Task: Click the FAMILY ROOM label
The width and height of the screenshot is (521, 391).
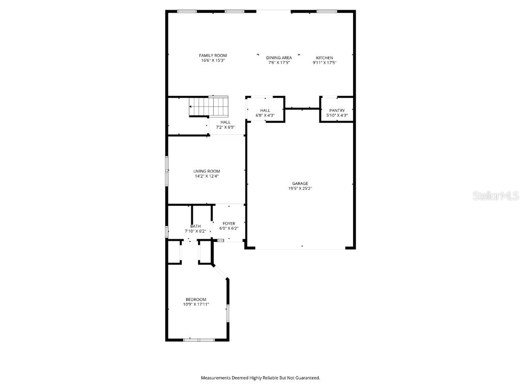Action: (x=213, y=55)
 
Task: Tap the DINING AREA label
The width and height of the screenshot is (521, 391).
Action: (x=279, y=58)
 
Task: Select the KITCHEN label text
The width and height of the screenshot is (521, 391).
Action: (x=325, y=58)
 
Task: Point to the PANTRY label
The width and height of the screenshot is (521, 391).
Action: (x=337, y=110)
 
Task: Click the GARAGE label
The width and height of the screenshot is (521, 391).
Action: (x=300, y=183)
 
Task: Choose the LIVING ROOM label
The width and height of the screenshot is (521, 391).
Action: (x=207, y=171)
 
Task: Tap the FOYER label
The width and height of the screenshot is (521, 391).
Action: (x=229, y=224)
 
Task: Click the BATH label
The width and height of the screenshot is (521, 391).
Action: (x=195, y=226)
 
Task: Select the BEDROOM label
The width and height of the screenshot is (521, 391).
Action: (x=196, y=299)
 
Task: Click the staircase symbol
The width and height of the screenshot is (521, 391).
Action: (x=209, y=107)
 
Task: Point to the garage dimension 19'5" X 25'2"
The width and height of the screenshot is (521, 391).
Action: (x=300, y=188)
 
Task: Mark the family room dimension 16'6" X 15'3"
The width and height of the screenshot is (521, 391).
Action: (x=213, y=60)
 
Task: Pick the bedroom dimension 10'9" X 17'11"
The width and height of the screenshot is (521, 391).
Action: (x=196, y=304)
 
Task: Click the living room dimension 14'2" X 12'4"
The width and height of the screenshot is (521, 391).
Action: (x=207, y=176)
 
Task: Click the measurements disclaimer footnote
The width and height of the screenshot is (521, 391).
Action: (x=260, y=378)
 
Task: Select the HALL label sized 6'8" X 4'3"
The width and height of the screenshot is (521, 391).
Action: (x=265, y=110)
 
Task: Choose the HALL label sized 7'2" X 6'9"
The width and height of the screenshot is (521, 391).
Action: (x=225, y=122)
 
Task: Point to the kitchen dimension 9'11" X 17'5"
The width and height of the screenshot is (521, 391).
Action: (x=325, y=63)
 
